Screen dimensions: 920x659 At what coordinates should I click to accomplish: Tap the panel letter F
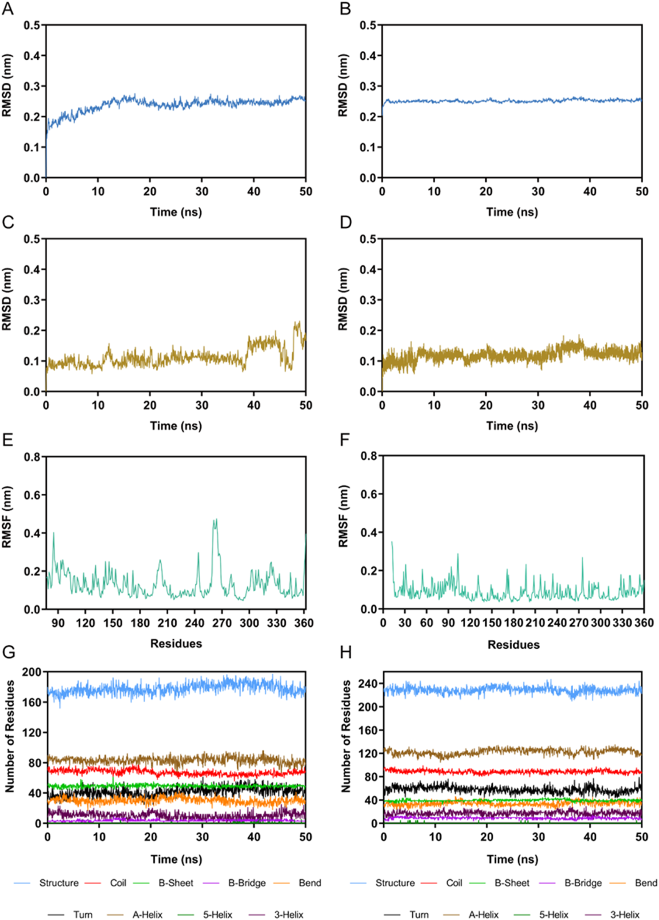[x=345, y=440]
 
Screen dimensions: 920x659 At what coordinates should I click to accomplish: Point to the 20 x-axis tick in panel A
[x=150, y=191]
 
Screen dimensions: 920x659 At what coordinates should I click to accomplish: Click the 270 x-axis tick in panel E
[x=222, y=623]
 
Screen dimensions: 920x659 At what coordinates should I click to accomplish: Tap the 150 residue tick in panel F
[x=492, y=622]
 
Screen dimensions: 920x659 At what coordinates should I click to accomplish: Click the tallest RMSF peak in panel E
[x=216, y=520]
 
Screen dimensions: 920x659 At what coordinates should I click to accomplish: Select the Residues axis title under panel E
[x=176, y=644]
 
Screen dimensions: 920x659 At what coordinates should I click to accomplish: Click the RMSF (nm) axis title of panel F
[x=343, y=516]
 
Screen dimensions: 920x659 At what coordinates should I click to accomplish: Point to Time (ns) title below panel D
[x=512, y=426]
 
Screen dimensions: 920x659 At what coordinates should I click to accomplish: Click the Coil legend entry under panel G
[x=118, y=883]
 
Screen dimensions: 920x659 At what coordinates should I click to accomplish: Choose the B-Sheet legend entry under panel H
[x=512, y=883]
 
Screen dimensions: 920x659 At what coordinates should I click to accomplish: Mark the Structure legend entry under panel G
[x=59, y=883]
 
